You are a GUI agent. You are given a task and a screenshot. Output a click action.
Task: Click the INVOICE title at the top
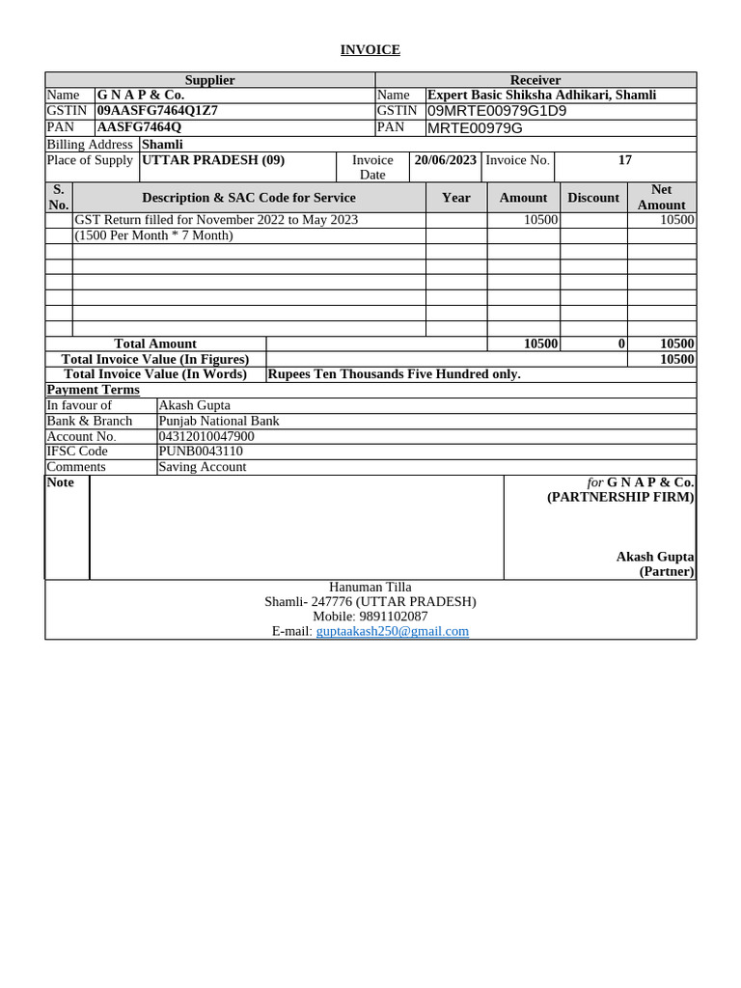[370, 49]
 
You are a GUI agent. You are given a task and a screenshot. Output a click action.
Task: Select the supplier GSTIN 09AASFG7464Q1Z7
[156, 110]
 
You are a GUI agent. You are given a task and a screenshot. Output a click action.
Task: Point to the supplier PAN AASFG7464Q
[138, 126]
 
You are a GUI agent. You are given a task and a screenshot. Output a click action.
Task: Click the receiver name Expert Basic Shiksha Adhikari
[541, 95]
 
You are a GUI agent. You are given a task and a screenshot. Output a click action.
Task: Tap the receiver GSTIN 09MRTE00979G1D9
[496, 110]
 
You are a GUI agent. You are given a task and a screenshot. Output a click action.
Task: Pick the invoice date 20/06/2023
[445, 160]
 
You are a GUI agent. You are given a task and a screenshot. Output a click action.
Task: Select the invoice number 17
[624, 160]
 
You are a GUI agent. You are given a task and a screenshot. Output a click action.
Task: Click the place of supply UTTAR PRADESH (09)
[213, 160]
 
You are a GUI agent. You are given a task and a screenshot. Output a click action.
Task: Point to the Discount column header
[592, 197]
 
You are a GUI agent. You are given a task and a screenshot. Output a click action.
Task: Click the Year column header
[455, 197]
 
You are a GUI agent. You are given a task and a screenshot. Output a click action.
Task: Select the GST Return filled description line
[216, 220]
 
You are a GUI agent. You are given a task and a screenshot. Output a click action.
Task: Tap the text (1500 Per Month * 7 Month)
[154, 235]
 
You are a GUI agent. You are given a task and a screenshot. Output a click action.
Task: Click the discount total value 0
[621, 343]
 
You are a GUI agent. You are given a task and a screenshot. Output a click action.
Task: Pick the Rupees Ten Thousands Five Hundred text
[394, 373]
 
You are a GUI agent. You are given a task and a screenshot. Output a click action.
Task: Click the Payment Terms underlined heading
[93, 390]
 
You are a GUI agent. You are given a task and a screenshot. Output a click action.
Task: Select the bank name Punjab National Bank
[218, 421]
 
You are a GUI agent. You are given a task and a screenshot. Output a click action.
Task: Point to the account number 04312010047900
[206, 436]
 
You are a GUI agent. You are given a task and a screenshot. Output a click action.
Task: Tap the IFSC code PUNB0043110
[200, 452]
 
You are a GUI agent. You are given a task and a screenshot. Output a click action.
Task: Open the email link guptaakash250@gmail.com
[392, 631]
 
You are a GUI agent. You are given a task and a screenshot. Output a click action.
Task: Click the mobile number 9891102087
[393, 616]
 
